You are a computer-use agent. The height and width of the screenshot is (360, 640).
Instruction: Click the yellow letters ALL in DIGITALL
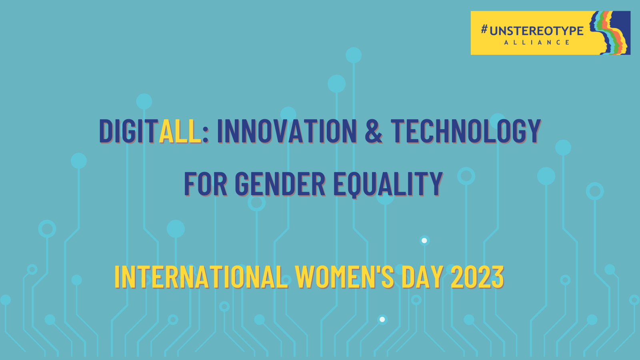[180, 131]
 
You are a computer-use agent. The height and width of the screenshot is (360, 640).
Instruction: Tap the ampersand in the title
[374, 131]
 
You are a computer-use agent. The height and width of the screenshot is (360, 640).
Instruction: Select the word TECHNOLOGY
[466, 131]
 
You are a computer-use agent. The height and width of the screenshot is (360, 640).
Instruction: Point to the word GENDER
[280, 184]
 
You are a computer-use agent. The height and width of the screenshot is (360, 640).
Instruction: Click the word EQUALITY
[388, 184]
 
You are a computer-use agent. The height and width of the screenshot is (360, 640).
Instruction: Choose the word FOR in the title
[206, 184]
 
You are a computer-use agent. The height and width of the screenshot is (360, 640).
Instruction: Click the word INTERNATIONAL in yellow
[201, 277]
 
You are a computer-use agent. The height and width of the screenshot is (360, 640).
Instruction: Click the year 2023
[477, 277]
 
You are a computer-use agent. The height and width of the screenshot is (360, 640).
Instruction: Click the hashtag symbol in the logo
[484, 29]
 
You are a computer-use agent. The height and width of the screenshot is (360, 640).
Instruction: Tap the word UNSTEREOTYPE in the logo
[536, 31]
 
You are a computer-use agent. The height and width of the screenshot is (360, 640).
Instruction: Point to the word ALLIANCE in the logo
[537, 42]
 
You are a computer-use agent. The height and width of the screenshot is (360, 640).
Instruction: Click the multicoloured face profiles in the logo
[610, 33]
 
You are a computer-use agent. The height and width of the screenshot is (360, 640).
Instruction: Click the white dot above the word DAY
[424, 240]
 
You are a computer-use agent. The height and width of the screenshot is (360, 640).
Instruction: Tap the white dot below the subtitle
[382, 320]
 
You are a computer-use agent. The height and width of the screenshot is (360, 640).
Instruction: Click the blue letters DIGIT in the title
[128, 131]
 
